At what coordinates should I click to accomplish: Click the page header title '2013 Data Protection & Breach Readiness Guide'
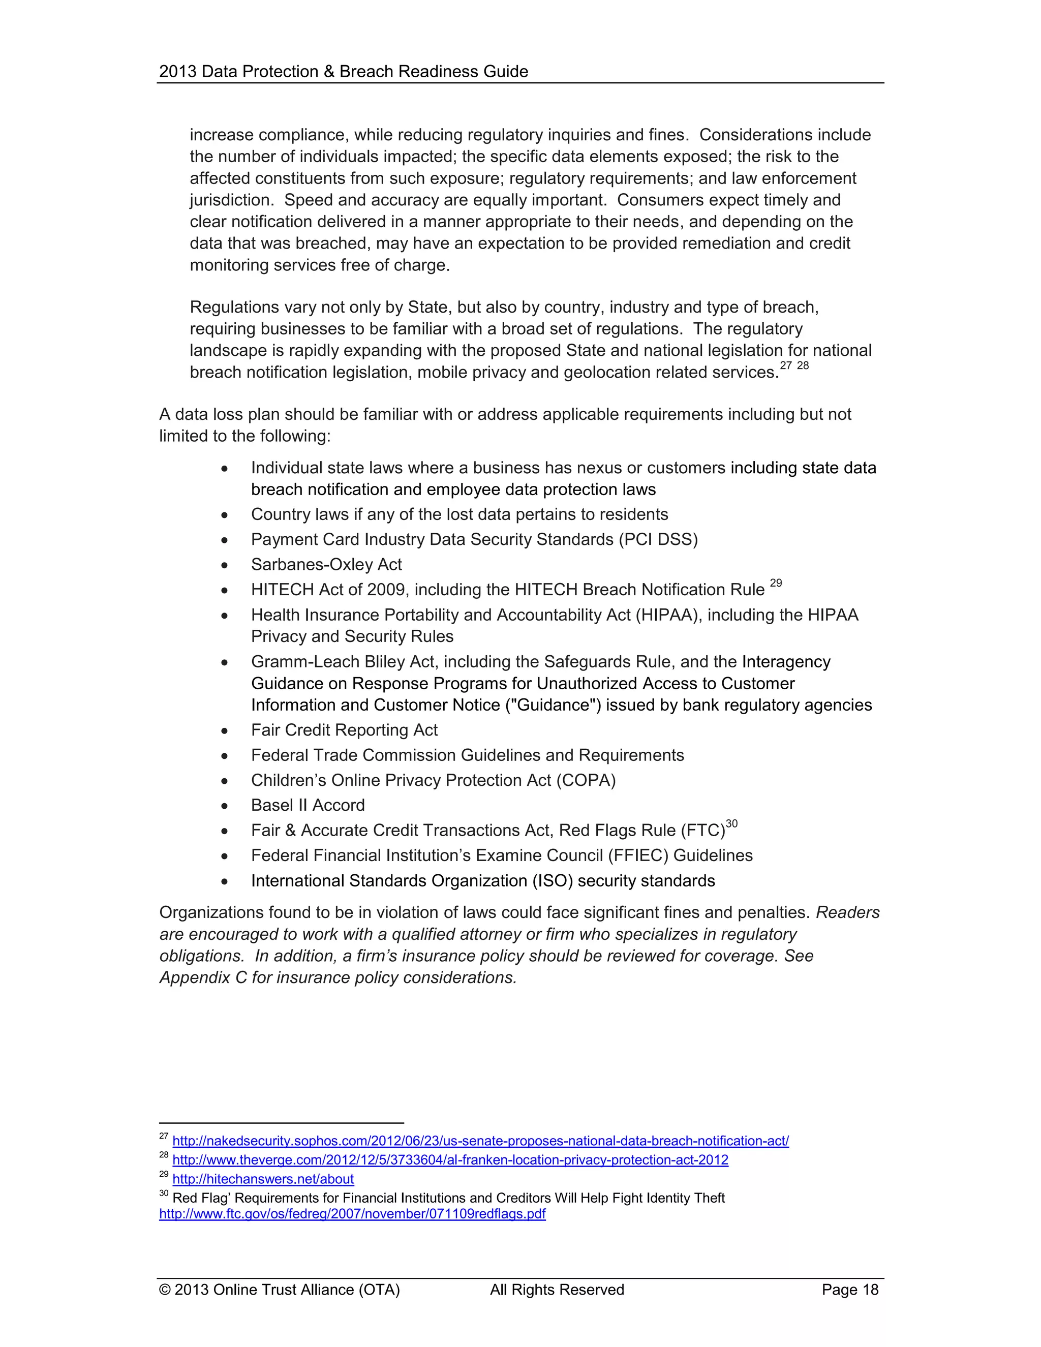point(344,72)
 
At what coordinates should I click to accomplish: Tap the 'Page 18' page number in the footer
point(849,1290)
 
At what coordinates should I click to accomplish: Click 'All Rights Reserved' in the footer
point(557,1290)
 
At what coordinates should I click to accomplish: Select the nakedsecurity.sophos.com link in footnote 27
point(480,1141)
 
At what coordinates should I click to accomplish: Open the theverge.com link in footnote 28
point(450,1160)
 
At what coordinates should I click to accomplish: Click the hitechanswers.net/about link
point(263,1179)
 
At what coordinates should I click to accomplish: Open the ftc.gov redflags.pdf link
point(352,1214)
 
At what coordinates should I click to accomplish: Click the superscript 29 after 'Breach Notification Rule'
point(776,583)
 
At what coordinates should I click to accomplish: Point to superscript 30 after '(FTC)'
point(731,824)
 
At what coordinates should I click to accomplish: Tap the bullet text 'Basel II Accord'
point(308,806)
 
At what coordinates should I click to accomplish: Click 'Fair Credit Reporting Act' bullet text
point(344,730)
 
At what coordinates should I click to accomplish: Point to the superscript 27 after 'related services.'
point(786,366)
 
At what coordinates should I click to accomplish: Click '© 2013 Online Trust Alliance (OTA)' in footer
point(280,1290)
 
